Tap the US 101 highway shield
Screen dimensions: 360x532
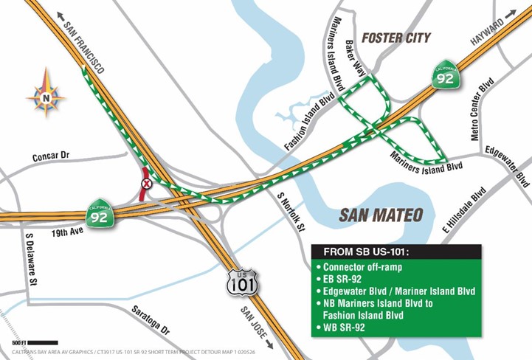pyautogui.click(x=243, y=281)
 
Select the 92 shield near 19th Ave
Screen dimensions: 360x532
pyautogui.click(x=100, y=211)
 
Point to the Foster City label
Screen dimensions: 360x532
pyautogui.click(x=395, y=37)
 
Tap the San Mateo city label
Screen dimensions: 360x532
pyautogui.click(x=381, y=215)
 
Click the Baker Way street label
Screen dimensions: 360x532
pyautogui.click(x=366, y=63)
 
